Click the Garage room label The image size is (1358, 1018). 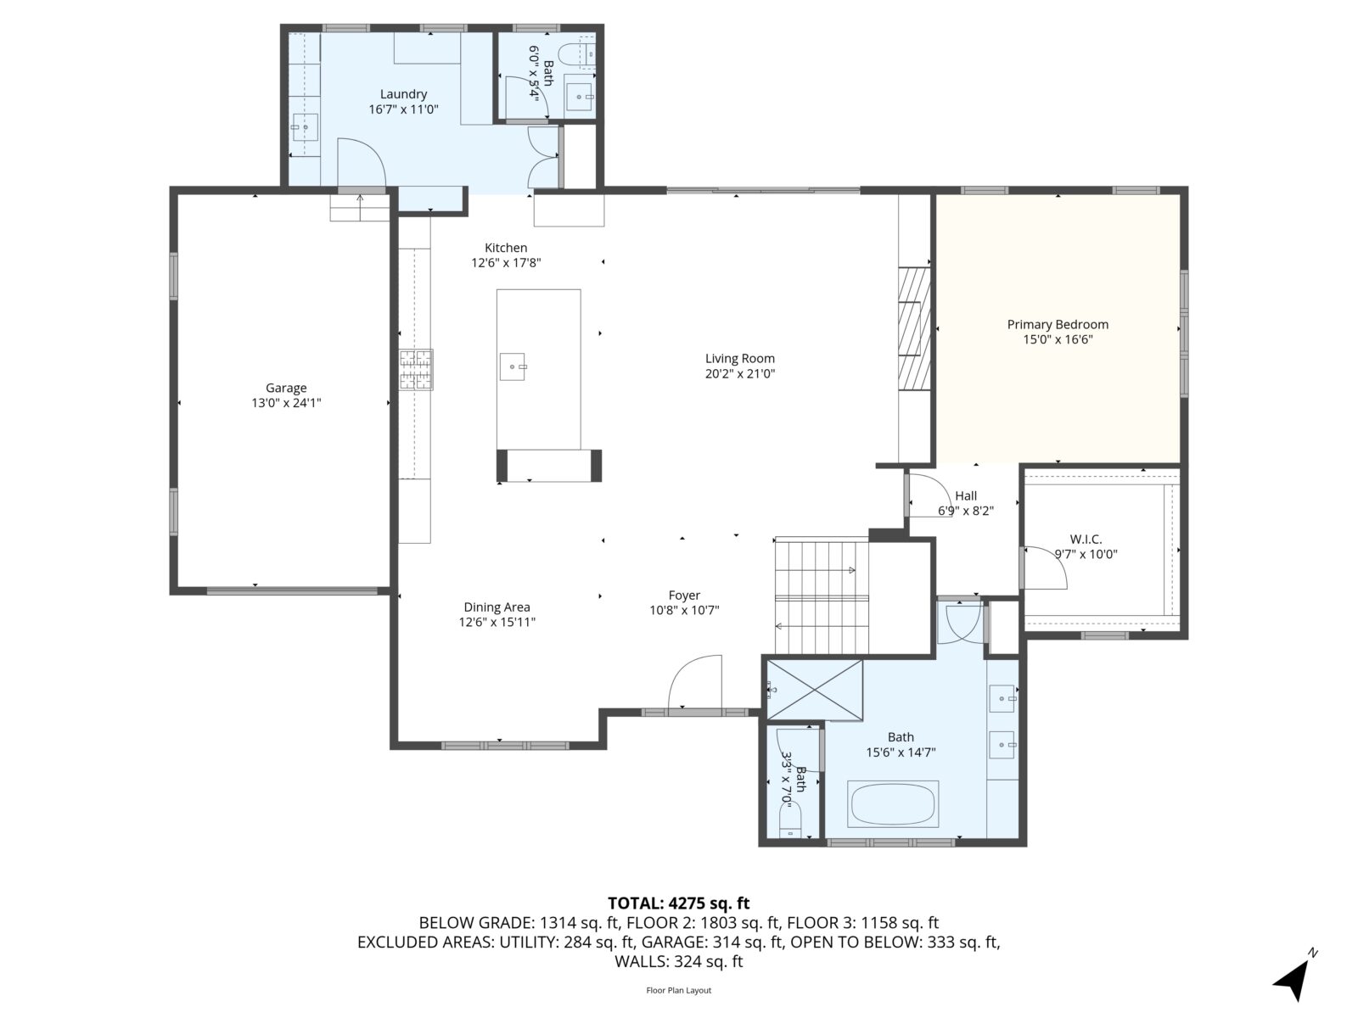286,389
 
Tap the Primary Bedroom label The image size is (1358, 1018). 1058,324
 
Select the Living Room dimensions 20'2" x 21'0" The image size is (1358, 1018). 740,373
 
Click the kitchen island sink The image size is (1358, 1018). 513,366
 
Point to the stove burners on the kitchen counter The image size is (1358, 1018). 416,370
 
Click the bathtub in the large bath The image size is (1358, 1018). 893,803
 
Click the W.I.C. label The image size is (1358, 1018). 1086,539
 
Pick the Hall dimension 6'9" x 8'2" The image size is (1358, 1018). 966,511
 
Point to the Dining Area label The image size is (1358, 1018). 497,607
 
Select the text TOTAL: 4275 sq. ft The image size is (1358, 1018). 678,903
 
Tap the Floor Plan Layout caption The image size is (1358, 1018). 678,990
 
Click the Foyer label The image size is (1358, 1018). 684,595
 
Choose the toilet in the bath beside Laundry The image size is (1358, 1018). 587,53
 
